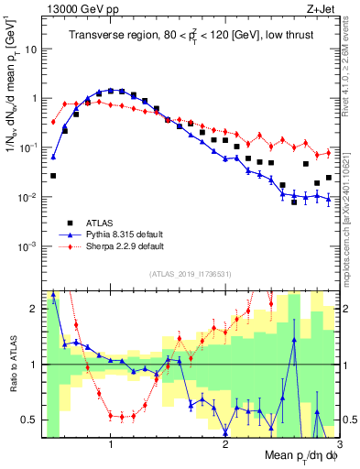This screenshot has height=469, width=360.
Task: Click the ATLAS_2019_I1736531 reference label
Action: tap(191, 274)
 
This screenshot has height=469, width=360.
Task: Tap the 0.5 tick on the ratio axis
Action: tap(30, 420)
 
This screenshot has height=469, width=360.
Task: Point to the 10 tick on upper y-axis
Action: tap(30, 49)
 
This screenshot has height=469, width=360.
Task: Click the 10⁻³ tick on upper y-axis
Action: tap(27, 246)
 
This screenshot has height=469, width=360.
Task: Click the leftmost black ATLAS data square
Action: tap(53, 176)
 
